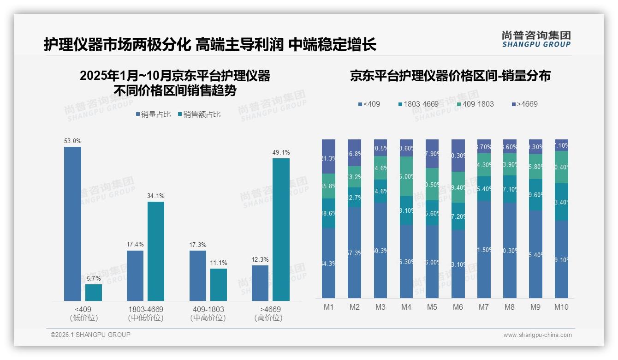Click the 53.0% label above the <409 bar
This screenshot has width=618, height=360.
(72, 141)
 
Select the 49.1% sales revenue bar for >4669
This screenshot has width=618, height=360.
(281, 229)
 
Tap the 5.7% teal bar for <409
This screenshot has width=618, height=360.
(94, 293)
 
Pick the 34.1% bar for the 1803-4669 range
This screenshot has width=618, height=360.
(156, 251)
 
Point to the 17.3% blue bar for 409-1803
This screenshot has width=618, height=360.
(198, 276)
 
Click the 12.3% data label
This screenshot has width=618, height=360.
(261, 260)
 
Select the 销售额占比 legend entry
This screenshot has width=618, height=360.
(199, 114)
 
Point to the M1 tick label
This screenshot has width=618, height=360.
(328, 307)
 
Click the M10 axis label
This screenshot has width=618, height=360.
(561, 307)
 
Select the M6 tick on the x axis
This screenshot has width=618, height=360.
(458, 307)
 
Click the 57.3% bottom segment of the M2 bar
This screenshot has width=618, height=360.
(354, 253)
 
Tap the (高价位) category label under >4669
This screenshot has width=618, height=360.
(268, 318)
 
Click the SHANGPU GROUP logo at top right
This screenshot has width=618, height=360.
(536, 39)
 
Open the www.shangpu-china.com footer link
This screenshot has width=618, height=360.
(537, 335)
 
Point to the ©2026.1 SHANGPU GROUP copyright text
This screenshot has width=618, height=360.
(90, 335)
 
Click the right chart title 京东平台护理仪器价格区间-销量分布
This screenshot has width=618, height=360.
(450, 76)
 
